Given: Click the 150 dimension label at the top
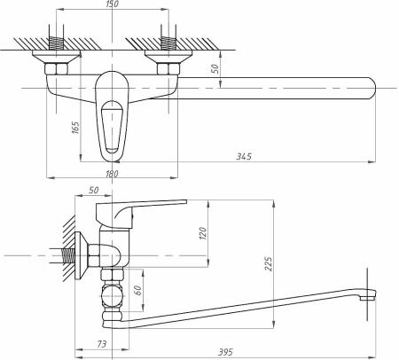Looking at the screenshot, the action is [112, 4].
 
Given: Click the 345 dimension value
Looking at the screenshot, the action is [244, 156].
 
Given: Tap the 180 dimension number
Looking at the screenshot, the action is [112, 174].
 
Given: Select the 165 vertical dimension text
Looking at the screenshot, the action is [75, 128].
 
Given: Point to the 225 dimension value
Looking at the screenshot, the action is [269, 264].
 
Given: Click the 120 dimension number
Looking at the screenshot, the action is [203, 233].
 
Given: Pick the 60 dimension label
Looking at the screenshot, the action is [137, 290].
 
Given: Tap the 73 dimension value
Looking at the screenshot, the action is [102, 344].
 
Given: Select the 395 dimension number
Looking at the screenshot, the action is [225, 352].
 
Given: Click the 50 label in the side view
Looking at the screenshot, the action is [93, 190].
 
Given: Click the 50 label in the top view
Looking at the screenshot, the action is [215, 68].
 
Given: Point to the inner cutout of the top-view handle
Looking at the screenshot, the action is [112, 127].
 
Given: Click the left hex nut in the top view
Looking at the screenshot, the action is [56, 69].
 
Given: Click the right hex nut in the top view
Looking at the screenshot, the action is [168, 69].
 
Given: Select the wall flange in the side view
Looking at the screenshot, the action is [82, 255].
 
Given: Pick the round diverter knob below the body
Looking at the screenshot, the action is [111, 296].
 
